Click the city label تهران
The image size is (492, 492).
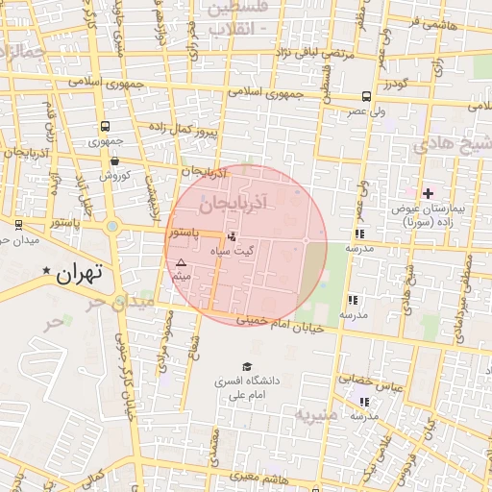pos(79,273)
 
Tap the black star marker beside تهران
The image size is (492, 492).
pos(45,273)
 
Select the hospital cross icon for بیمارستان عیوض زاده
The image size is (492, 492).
pos(428,194)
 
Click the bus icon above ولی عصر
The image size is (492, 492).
pos(366,96)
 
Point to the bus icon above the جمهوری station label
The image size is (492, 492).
pos(104,126)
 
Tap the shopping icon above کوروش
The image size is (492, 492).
pos(115,161)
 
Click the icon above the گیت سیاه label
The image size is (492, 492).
pos(231,236)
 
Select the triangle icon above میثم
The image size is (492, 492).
pos(180,262)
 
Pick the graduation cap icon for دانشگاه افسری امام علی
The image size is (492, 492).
pos(247,366)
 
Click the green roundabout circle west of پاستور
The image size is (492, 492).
pos(112,227)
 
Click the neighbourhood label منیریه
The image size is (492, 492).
pos(316,416)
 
